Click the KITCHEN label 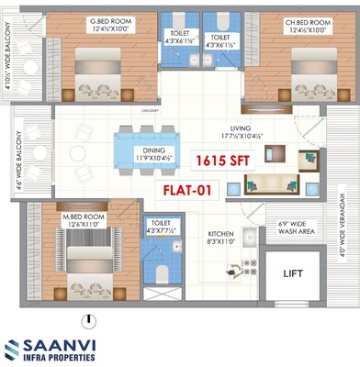point(220,235)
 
